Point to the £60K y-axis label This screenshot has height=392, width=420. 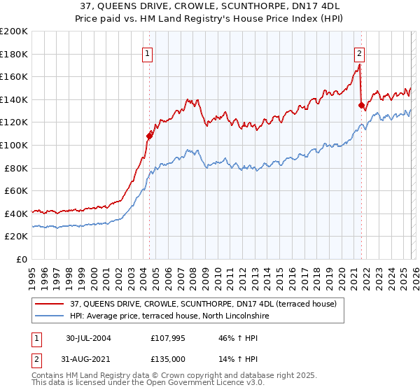[16, 190]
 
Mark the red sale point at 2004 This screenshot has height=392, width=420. [149, 136]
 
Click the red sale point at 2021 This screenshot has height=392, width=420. [362, 106]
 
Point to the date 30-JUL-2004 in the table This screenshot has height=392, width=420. [88, 337]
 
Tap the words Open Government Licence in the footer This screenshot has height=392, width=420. [192, 383]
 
